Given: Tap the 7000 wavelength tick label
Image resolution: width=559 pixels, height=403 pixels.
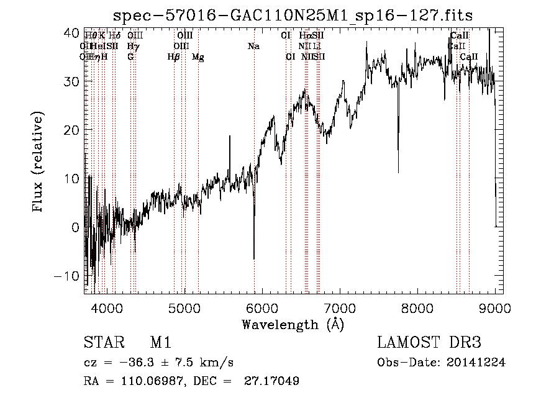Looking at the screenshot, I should tap(340, 307).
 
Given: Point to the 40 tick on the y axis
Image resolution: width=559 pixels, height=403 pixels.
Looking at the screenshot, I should tap(71, 32).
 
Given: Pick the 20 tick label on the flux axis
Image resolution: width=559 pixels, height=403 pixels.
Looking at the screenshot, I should tap(71, 130).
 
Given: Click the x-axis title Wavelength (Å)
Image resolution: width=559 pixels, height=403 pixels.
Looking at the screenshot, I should tap(293, 324).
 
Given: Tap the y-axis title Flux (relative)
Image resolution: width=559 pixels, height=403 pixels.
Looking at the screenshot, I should tap(39, 163).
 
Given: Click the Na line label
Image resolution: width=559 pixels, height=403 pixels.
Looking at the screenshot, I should tap(253, 47).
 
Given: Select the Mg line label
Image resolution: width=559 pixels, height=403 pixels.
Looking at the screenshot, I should tap(198, 57).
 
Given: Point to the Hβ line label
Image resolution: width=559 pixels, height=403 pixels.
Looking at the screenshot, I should tap(174, 57).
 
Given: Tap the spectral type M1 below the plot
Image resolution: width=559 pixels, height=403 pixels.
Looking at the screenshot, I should tap(160, 343).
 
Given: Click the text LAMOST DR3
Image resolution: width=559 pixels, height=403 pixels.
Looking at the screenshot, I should tap(429, 343).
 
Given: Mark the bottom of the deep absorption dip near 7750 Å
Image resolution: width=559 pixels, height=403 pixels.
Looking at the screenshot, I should tap(398, 171).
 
